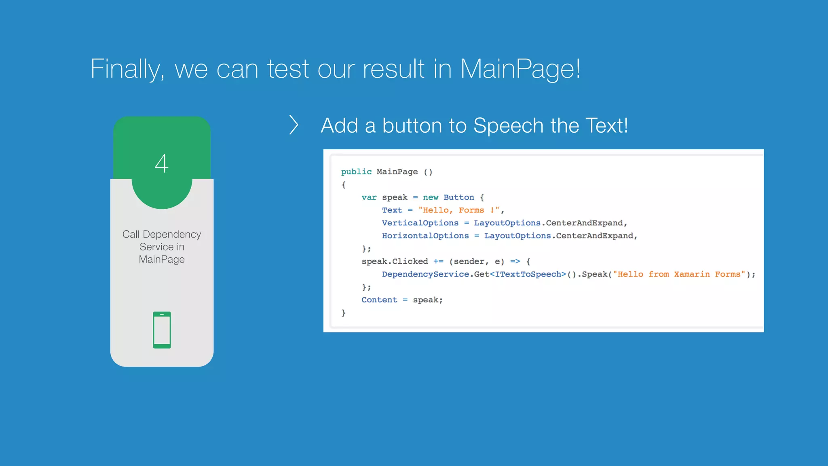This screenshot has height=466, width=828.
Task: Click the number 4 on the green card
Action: pyautogui.click(x=162, y=163)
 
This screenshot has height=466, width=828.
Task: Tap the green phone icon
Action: pyautogui.click(x=162, y=330)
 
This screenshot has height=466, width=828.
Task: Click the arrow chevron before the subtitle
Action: pyautogui.click(x=294, y=125)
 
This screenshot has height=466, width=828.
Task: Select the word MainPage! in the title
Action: pyautogui.click(x=520, y=69)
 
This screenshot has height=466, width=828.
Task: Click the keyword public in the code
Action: pyautogui.click(x=356, y=172)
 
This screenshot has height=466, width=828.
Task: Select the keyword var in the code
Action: pyautogui.click(x=369, y=197)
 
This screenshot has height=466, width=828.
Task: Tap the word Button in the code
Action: pyautogui.click(x=458, y=197)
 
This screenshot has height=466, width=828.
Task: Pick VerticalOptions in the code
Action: pyautogui.click(x=420, y=223)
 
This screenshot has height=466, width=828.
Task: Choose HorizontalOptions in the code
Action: pyautogui.click(x=425, y=236)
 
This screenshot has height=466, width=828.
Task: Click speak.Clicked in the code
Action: pyautogui.click(x=395, y=261)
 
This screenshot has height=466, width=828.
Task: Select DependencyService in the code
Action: pyautogui.click(x=425, y=274)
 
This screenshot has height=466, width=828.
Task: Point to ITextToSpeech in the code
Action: pyautogui.click(x=528, y=274)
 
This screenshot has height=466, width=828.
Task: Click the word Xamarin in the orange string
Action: pyautogui.click(x=692, y=274)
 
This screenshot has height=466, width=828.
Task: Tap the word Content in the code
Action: pyautogui.click(x=379, y=300)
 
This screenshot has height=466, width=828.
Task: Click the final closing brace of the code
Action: pyautogui.click(x=344, y=313)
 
